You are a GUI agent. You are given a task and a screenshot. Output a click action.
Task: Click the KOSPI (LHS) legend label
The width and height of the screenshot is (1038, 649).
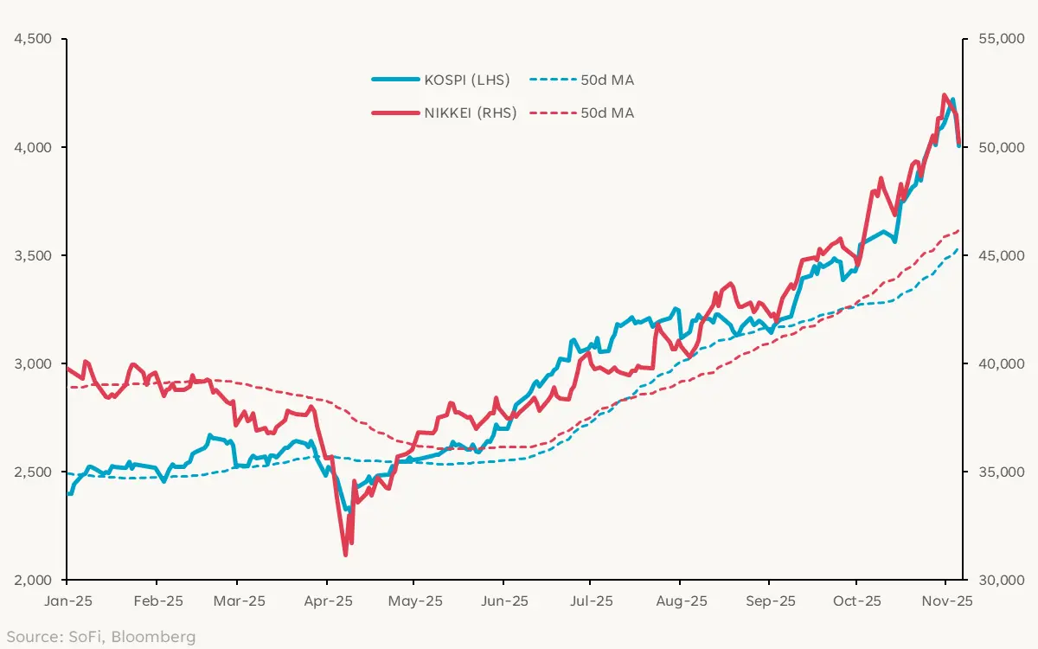(466, 80)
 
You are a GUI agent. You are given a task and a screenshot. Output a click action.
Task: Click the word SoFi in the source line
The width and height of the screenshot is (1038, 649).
(85, 637)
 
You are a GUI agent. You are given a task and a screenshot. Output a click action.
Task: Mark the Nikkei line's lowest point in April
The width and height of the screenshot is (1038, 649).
(345, 554)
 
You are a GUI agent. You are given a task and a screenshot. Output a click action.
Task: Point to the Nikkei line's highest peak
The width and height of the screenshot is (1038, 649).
(944, 95)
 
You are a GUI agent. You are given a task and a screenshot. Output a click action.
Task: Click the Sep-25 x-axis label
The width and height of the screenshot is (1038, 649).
(771, 601)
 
